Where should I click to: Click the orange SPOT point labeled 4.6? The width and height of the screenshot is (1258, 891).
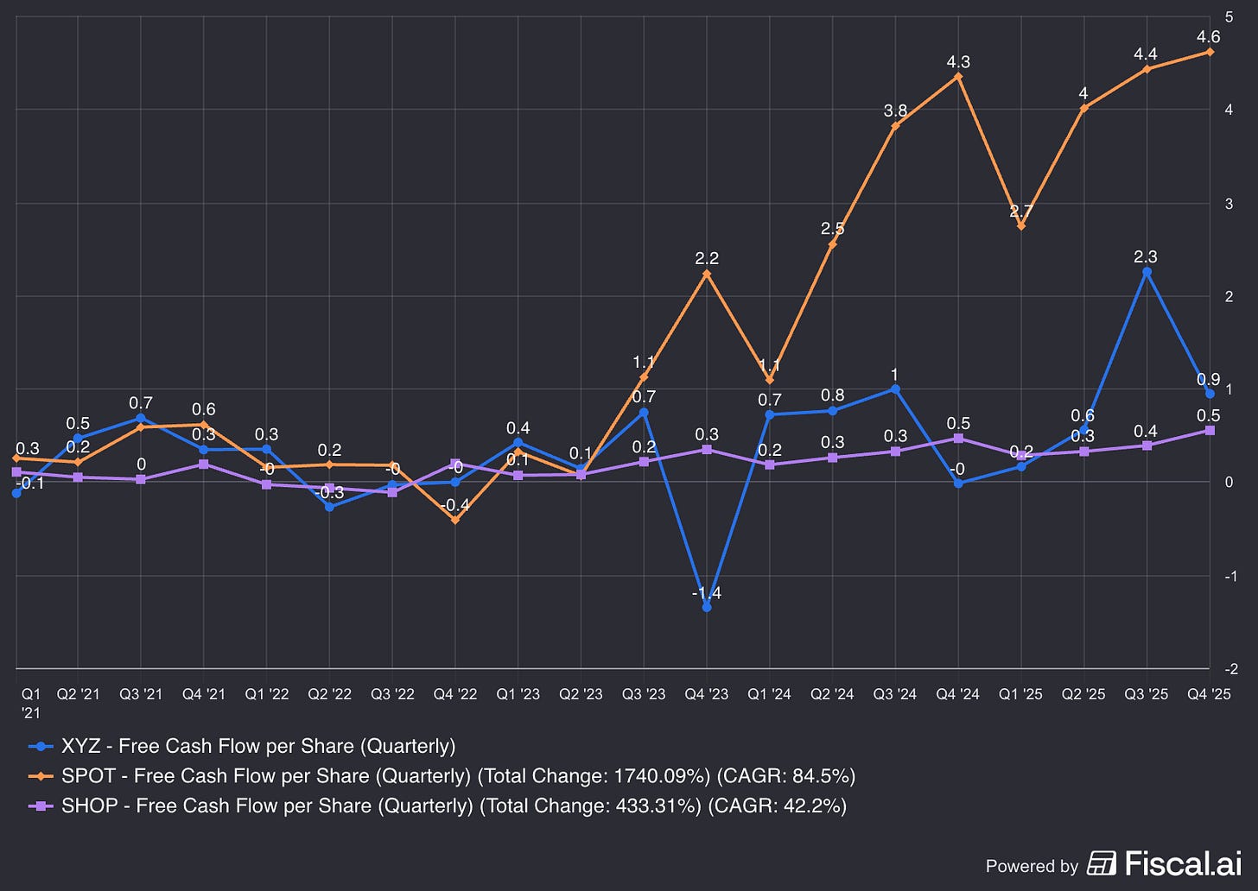(1209, 53)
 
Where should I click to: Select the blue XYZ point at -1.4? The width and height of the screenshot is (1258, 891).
(707, 607)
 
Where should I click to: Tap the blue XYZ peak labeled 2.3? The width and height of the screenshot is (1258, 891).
(1147, 272)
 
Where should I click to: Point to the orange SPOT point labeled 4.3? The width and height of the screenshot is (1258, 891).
(958, 77)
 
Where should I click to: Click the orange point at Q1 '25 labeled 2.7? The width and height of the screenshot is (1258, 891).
(1021, 226)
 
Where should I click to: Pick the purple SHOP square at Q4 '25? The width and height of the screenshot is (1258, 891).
(1209, 430)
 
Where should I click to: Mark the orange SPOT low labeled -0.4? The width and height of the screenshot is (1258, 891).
(455, 521)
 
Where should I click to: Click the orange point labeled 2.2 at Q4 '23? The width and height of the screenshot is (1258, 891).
(707, 274)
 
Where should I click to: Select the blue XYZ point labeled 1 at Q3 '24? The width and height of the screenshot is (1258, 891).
(895, 389)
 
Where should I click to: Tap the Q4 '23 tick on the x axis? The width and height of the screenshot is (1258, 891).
(706, 694)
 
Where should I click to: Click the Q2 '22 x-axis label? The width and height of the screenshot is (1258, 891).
(329, 694)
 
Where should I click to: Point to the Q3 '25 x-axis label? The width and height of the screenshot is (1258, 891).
(1146, 694)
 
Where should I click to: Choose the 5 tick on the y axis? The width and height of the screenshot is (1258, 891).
(1229, 16)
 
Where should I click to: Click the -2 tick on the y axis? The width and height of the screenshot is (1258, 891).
(1230, 669)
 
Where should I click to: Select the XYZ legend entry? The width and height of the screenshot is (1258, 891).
(257, 746)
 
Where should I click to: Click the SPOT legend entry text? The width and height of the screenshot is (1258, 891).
(267, 775)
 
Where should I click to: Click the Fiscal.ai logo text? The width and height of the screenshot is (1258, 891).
(1183, 863)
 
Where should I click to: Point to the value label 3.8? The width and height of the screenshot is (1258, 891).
(895, 111)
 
